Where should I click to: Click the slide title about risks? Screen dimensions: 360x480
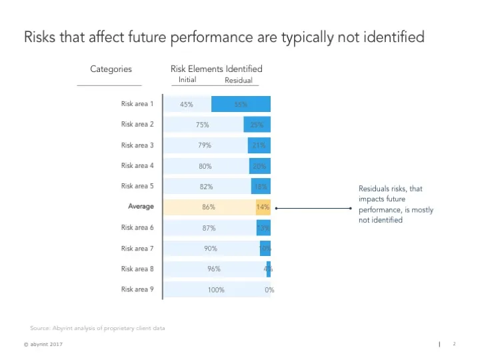tap(224, 37)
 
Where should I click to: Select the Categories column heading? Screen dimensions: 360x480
tap(111, 69)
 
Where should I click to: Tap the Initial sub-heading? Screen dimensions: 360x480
tap(187, 80)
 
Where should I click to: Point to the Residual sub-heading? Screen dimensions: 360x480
tap(239, 81)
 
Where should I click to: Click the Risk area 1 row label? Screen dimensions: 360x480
tap(137, 104)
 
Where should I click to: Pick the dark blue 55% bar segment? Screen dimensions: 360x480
tap(241, 104)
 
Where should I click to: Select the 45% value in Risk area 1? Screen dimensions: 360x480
tap(187, 105)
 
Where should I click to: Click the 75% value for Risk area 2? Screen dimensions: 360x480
tap(203, 125)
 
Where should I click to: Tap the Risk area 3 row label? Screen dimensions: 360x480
tap(137, 145)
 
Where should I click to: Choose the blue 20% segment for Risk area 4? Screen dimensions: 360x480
tap(259, 166)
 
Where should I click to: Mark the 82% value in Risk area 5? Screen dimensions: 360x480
tap(207, 187)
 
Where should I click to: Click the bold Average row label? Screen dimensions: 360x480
tap(141, 207)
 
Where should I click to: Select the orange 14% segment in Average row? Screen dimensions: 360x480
tap(263, 207)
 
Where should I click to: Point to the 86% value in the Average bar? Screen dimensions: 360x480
tap(209, 207)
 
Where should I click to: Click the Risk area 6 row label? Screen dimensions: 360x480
tap(137, 228)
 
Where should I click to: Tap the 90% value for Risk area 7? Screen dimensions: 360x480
tap(211, 249)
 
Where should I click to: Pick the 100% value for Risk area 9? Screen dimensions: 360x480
tap(215, 290)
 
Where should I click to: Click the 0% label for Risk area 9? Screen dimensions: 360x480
tap(269, 290)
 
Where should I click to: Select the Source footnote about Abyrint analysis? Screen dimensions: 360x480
tap(97, 328)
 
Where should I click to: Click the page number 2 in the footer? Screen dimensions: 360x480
tap(453, 344)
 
